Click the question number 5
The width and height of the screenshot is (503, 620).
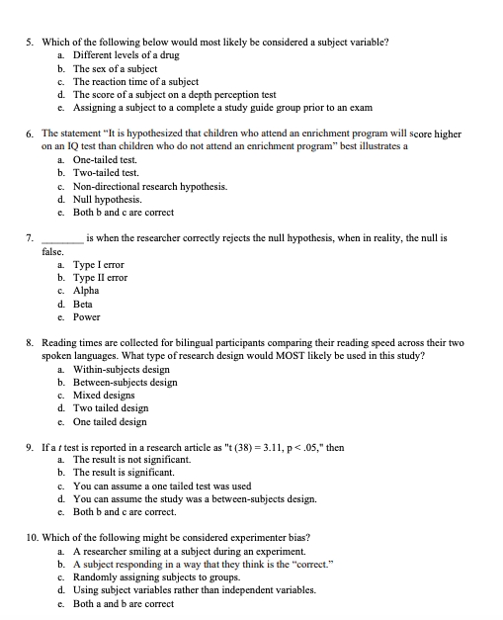(30, 44)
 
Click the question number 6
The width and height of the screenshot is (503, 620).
(30, 133)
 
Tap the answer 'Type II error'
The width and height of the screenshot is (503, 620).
(102, 279)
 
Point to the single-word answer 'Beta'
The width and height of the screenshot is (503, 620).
(84, 305)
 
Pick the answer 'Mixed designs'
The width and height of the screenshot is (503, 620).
(105, 396)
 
